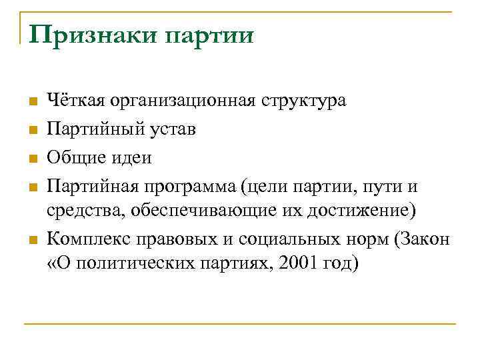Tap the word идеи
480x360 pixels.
[x=132, y=158]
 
